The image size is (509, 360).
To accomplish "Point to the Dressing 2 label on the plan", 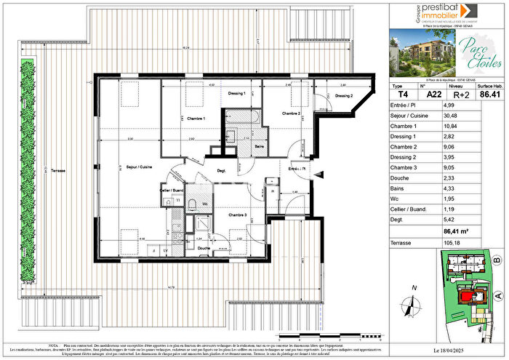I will tap(344, 96).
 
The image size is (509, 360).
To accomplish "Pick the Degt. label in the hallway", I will tap(221, 171).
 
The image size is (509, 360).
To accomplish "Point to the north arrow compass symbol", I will tap(415, 305).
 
